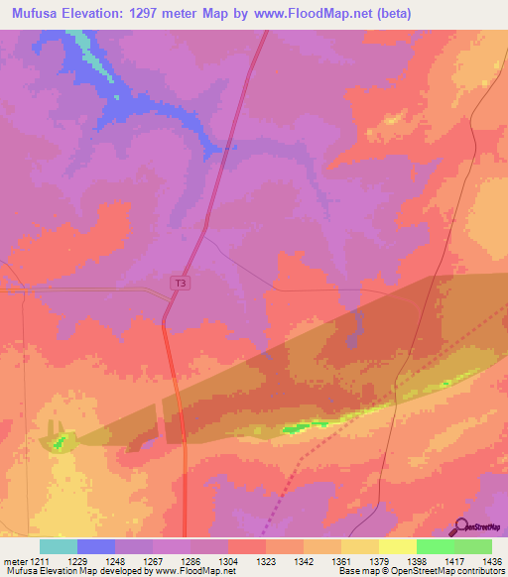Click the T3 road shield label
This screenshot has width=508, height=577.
[180, 283]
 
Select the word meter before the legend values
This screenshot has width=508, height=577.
[17, 560]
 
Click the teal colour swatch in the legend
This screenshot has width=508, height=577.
[59, 546]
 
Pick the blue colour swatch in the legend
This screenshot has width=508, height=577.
[96, 546]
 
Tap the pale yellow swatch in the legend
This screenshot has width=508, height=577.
[397, 546]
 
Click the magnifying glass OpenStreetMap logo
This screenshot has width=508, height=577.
[461, 528]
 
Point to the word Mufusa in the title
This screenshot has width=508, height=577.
[33, 14]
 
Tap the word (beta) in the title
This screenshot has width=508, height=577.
[388, 14]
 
